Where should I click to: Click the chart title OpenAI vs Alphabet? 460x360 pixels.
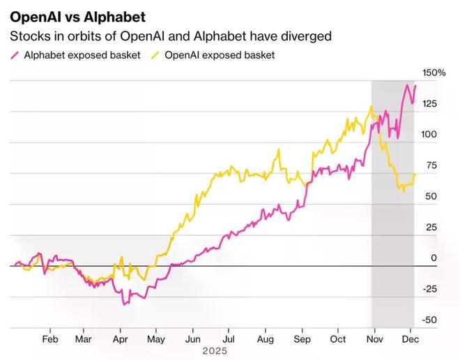[x=77, y=15]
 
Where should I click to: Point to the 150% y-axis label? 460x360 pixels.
[x=433, y=72]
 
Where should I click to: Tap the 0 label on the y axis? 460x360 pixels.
[x=433, y=258]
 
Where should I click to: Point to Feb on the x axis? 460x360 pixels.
[x=49, y=339]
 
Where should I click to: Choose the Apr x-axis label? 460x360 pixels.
[x=119, y=339]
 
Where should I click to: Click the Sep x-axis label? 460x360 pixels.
[x=302, y=339]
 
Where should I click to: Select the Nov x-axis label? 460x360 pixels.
[x=374, y=339]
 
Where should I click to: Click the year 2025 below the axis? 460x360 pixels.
[x=215, y=351]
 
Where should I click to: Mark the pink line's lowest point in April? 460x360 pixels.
[x=124, y=304]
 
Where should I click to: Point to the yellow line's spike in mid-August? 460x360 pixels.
[x=279, y=149]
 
